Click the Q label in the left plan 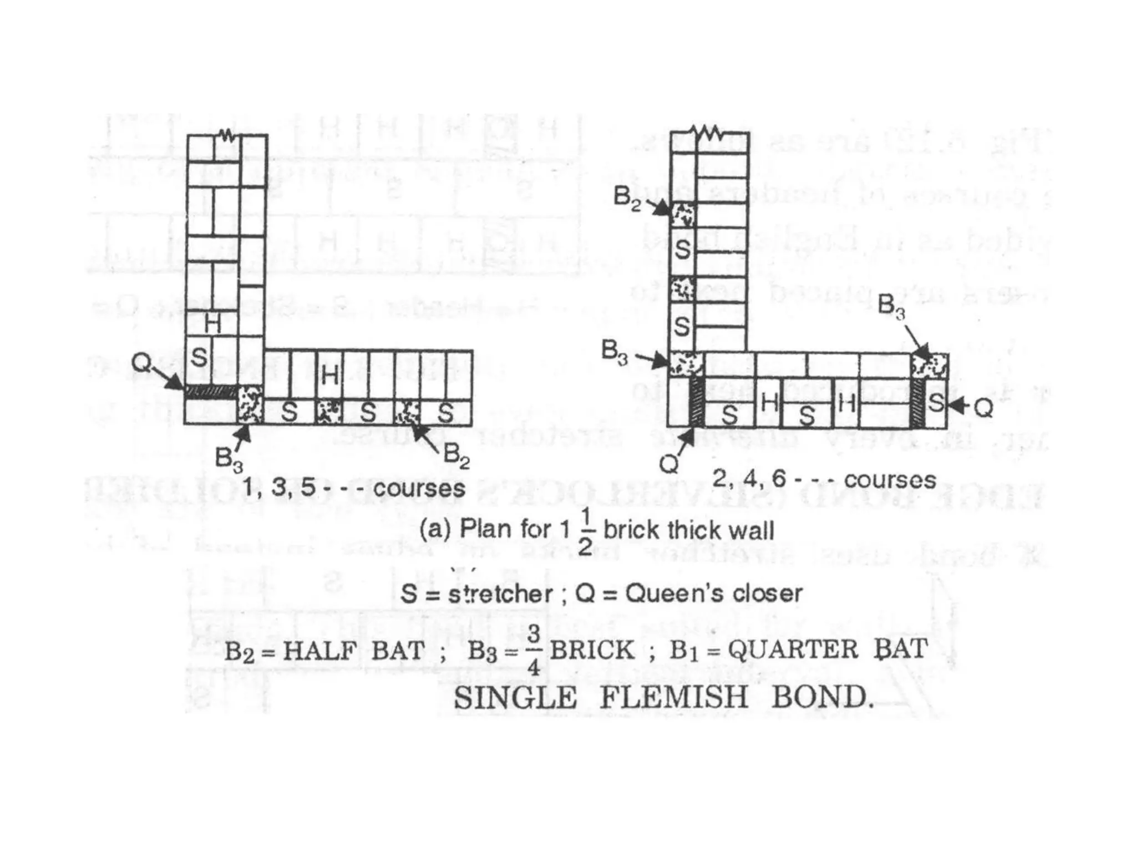click(141, 363)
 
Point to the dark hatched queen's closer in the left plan click(211, 392)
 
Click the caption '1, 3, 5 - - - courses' click(354, 488)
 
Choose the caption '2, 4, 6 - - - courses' click(824, 479)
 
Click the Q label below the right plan click(669, 464)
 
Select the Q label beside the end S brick click(983, 408)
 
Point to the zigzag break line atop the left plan click(226, 135)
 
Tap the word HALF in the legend click(319, 650)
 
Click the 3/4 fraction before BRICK click(534, 650)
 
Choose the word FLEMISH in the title click(674, 697)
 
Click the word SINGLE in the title click(515, 697)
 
